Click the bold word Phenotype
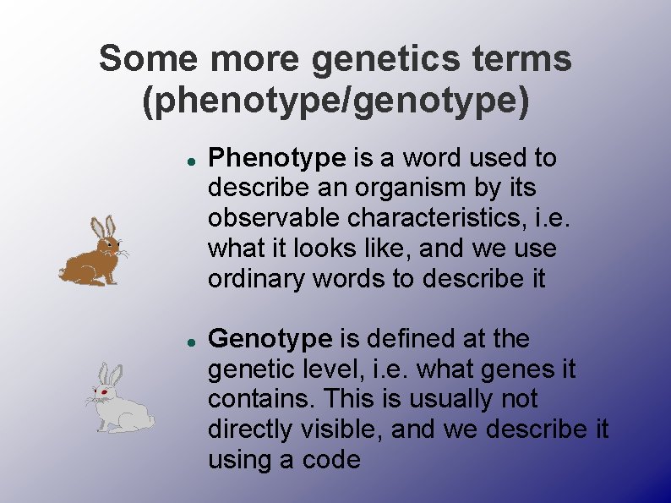276,158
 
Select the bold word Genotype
270,339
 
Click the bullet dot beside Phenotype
193,159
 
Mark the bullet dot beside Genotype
193,341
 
